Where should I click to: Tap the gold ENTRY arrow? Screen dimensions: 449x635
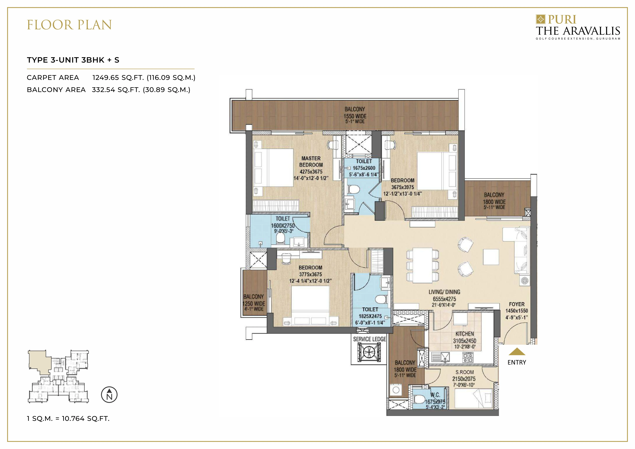[x=517, y=352]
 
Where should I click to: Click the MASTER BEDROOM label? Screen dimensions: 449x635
[x=311, y=161]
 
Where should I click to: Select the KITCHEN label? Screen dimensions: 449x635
[x=465, y=334]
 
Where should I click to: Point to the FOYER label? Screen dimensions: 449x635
[x=517, y=304]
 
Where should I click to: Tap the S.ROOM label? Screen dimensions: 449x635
[x=465, y=372]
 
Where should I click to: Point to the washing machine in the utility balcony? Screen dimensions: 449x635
[x=396, y=390]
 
